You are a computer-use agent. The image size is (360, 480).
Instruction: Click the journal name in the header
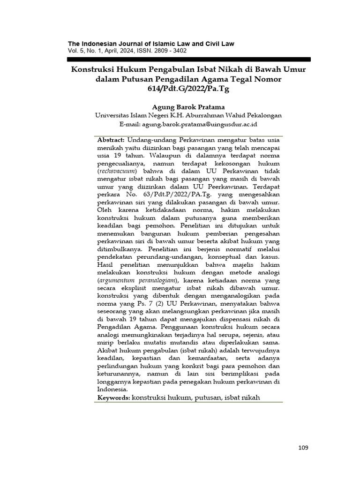pyautogui.click(x=151, y=44)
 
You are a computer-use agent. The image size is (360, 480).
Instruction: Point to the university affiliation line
pyautogui.click(x=188, y=115)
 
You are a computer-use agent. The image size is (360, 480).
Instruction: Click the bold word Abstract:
pyautogui.click(x=111, y=140)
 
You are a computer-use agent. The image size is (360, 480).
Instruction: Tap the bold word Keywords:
pyautogui.click(x=113, y=397)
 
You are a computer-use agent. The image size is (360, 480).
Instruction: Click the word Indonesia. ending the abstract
pyautogui.click(x=112, y=390)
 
